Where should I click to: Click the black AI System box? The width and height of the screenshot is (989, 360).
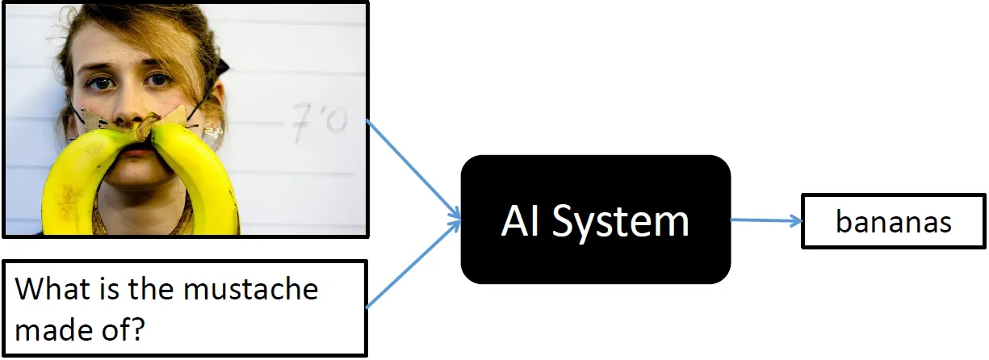tap(595, 220)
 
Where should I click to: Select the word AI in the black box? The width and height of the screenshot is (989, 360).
tap(522, 220)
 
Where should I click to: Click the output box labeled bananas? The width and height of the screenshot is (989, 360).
tap(894, 221)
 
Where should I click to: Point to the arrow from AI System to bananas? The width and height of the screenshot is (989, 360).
tap(765, 220)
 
